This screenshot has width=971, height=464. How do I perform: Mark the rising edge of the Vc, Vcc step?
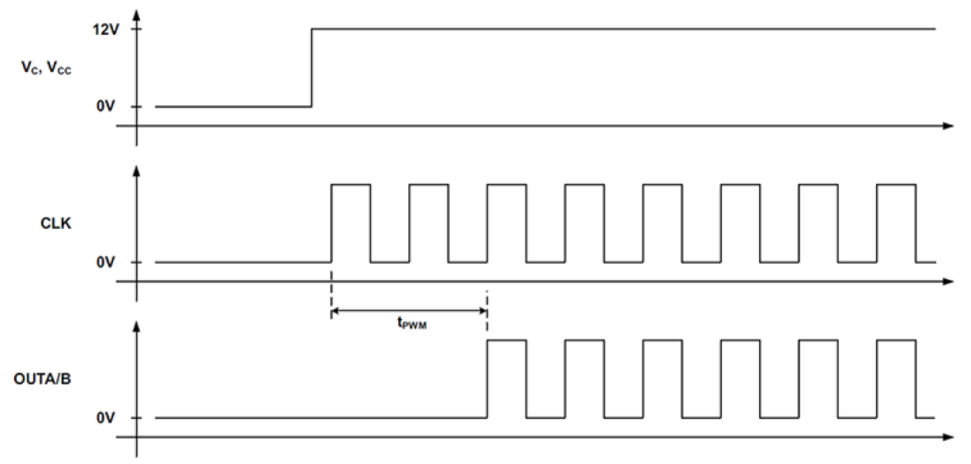pos(312,68)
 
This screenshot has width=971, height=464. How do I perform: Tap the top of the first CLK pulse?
pos(350,185)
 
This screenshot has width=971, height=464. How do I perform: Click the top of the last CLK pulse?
pos(895,185)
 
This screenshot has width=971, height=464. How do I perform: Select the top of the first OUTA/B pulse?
pos(506,340)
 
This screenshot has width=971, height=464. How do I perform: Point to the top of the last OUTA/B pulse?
pos(895,340)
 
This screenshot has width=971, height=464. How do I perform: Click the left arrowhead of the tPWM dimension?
pos(335,311)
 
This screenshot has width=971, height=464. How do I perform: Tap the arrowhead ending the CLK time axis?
pos(949,281)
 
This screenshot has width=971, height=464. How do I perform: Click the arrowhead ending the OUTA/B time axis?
pos(949,438)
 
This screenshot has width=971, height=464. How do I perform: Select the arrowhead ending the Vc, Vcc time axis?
pos(949,125)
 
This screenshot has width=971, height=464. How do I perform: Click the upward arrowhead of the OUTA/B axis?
pos(137,326)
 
